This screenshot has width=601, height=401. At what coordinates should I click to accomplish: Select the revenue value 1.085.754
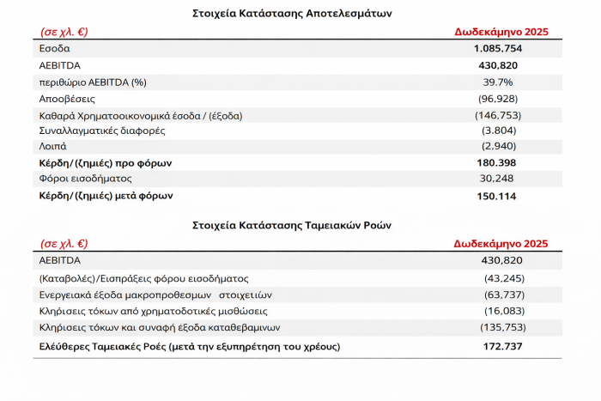[x=498, y=48]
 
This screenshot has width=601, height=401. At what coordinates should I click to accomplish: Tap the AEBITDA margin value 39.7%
[x=498, y=81]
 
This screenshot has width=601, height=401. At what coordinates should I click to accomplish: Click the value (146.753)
[x=498, y=114]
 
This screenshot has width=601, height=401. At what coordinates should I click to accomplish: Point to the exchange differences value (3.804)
[x=498, y=131]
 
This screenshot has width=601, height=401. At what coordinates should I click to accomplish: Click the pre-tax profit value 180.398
[x=498, y=162]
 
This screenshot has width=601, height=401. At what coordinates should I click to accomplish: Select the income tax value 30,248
[x=498, y=179]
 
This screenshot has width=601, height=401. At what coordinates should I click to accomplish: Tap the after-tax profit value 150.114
[x=498, y=195]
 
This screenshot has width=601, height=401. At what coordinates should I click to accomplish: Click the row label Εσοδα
[x=55, y=48]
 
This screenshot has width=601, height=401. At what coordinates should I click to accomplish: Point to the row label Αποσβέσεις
[x=67, y=98]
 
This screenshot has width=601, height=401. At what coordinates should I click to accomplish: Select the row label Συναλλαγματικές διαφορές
[x=102, y=131]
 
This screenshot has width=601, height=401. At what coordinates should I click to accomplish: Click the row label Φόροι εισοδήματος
[x=84, y=179]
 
